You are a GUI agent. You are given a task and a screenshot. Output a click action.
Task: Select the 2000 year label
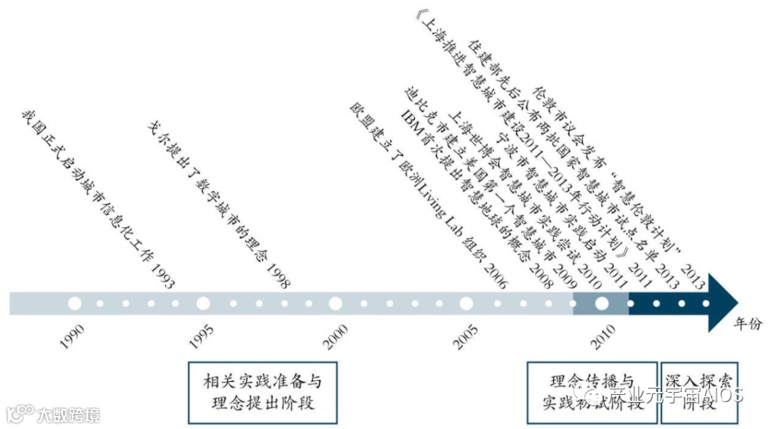335,336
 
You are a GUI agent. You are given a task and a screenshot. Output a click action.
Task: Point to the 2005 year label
466,336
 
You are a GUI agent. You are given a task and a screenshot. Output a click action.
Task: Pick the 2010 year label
602,336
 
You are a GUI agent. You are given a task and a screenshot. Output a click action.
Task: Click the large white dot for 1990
74,304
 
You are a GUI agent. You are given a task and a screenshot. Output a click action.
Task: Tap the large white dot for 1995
203,304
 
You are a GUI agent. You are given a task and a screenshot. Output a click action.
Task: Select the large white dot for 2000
335,304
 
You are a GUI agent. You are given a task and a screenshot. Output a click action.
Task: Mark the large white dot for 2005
466,304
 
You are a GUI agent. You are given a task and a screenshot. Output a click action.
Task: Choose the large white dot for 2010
602,304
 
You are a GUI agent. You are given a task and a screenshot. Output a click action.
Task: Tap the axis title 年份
748,325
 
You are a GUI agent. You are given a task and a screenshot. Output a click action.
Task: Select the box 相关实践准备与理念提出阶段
262,392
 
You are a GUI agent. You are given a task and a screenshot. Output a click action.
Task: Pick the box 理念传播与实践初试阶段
592,392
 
